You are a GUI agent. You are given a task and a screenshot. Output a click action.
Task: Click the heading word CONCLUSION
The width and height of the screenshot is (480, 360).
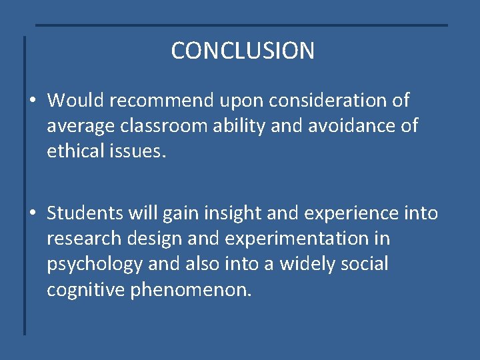[243, 51]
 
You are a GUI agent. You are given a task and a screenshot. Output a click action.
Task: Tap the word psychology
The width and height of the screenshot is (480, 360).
[95, 264]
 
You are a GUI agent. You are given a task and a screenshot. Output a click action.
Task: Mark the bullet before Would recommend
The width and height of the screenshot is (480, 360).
[33, 101]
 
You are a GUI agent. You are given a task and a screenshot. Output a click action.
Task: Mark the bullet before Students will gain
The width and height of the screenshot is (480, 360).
[33, 213]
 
